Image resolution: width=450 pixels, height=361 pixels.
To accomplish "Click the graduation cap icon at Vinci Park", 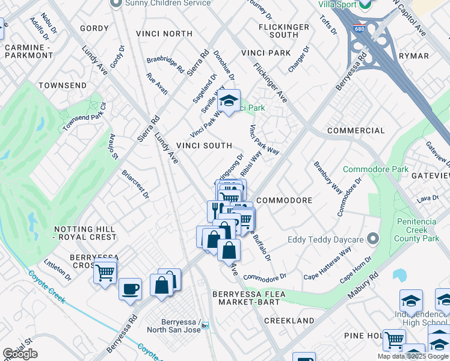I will tap(229, 100).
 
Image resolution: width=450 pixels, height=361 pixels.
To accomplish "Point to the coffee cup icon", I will tap(130, 289).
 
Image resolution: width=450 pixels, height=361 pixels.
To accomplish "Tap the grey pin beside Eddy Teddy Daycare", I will tap(373, 239).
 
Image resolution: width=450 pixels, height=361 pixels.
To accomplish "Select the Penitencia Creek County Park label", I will tap(417, 230).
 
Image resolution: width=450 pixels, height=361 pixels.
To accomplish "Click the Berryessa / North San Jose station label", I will tap(174, 325).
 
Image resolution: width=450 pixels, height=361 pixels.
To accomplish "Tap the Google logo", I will tap(20, 354).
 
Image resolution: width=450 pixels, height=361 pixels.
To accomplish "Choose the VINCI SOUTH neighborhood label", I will tap(204, 146).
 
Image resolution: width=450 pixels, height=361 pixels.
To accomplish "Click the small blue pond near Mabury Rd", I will tap(399, 276).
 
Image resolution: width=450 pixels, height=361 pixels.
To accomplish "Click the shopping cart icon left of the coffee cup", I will tap(105, 273).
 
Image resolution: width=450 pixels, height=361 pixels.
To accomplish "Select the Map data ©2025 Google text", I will tap(413, 356).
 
